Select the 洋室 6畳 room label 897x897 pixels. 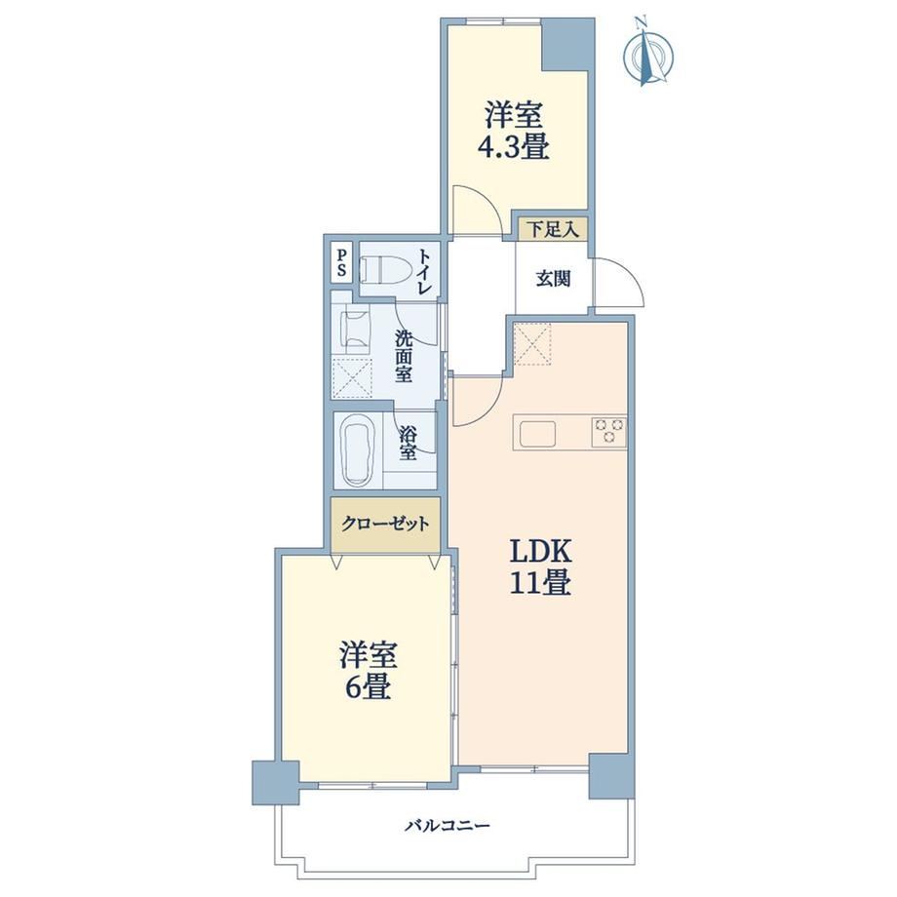368,671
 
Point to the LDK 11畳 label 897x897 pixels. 540,567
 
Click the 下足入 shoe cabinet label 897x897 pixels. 553,229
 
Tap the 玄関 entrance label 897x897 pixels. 553,279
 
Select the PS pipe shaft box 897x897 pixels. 341,262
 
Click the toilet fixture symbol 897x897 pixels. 381,269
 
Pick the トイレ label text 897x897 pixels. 424,271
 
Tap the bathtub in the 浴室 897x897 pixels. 357,450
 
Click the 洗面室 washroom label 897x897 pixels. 404,357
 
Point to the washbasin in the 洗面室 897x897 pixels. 355,331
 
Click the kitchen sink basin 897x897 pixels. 537,434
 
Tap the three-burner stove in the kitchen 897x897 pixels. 608,430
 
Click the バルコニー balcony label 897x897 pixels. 448,826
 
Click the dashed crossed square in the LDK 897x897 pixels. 532,344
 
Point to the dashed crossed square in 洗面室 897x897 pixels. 352,378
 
